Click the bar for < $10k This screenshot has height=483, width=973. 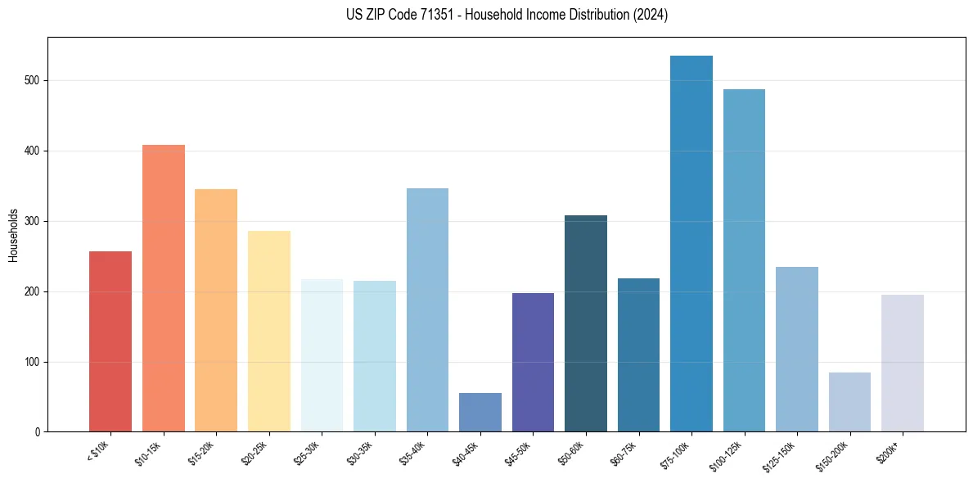(x=110, y=341)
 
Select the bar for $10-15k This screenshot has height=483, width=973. (x=163, y=288)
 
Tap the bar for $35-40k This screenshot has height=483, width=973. (x=427, y=310)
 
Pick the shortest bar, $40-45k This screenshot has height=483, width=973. (x=480, y=413)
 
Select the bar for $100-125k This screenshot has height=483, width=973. (x=744, y=260)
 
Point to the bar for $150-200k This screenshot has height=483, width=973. (x=849, y=402)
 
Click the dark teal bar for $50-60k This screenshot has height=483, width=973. (x=586, y=323)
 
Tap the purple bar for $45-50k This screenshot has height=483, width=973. (x=533, y=362)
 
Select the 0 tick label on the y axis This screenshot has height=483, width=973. (x=38, y=432)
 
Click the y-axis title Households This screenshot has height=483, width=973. (x=13, y=234)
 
